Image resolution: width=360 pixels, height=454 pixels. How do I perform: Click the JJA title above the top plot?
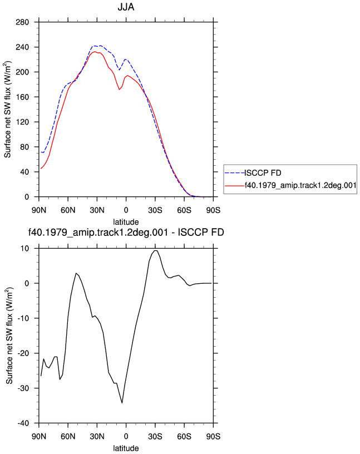(126, 7)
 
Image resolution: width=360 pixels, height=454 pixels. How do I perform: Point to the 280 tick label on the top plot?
(22, 22)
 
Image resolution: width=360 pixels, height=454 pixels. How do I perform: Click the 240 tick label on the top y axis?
(22, 47)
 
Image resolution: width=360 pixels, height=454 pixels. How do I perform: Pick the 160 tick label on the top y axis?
(22, 97)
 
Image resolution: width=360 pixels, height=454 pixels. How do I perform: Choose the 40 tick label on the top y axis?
(24, 172)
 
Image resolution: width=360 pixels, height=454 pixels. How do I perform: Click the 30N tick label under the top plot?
(97, 210)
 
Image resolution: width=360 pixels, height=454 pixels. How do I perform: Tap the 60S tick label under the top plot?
(184, 210)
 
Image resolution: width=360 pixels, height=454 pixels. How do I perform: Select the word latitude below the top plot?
(126, 222)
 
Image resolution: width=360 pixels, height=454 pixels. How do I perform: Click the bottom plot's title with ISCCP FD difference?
(126, 232)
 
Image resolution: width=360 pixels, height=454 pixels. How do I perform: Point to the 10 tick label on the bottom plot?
(25, 249)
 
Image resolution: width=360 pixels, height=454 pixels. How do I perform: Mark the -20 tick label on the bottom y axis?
(23, 353)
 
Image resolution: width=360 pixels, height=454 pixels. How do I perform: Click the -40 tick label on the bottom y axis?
(23, 423)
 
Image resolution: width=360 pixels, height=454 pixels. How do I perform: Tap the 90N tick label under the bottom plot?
(39, 436)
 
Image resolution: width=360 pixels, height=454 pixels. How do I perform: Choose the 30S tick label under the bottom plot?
(155, 436)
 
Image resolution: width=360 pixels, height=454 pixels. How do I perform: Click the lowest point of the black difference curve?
(122, 403)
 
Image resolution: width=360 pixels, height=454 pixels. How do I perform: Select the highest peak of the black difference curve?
(156, 250)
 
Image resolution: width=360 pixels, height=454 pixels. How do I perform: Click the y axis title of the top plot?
(8, 110)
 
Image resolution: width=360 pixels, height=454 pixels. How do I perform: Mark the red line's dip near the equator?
(119, 90)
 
